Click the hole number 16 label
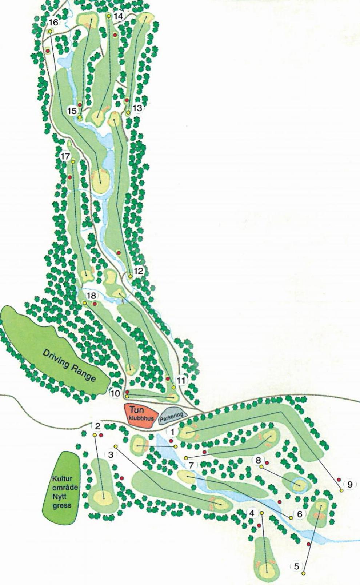coord(53,23)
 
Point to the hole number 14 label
coord(119,16)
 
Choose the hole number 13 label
coord(137,108)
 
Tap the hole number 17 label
coord(65,156)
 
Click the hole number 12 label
coord(139,271)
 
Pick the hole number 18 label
coord(91,296)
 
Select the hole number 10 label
coord(115,393)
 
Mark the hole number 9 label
coord(350,484)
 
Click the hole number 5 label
coord(296,566)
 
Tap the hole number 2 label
coord(97,426)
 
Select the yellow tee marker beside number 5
coord(303,573)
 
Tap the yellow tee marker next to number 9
coord(341,490)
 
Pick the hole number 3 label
coord(111,454)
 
